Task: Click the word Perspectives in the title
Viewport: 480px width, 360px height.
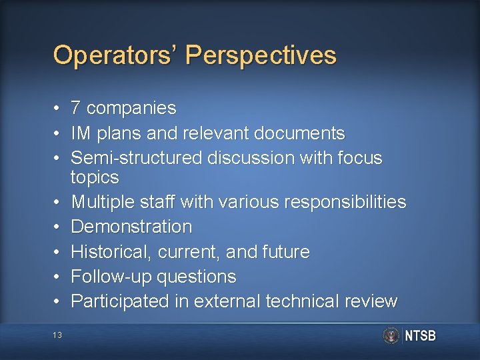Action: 261,55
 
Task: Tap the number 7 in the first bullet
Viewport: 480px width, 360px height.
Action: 76,108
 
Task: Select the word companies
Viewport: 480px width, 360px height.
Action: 132,108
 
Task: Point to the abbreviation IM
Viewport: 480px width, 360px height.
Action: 81,133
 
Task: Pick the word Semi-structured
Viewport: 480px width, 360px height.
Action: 136,158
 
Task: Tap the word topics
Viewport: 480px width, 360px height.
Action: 95,177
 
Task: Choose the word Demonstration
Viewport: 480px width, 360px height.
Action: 131,227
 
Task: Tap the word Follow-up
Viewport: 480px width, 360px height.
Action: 107,277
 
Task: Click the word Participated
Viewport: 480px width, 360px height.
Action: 120,301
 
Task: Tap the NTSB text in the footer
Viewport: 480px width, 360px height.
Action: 420,336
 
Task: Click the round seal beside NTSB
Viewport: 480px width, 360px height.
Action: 391,335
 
